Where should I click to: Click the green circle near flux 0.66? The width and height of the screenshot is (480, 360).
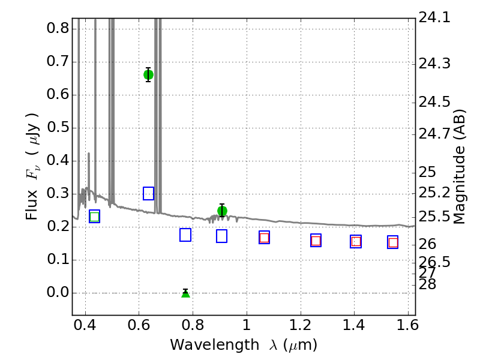point(148,74)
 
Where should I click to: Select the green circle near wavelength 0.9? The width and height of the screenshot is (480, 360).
point(222,211)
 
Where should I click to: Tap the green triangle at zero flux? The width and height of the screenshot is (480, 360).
point(185,293)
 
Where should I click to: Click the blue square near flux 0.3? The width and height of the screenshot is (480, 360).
point(148,193)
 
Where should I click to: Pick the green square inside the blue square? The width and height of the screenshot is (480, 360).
point(95,217)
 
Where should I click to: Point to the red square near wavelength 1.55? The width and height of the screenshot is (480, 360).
point(393,243)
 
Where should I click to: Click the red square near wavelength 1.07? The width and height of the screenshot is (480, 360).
point(264,238)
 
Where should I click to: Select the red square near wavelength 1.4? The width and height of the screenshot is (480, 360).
point(356,242)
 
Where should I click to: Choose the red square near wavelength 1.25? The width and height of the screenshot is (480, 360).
point(316,241)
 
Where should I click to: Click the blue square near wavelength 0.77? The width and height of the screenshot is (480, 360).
point(185,235)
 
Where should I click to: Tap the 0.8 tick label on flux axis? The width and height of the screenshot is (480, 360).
point(58,28)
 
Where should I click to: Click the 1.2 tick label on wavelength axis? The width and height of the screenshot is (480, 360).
point(301,325)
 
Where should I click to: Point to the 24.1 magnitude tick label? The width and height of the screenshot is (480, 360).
point(434,17)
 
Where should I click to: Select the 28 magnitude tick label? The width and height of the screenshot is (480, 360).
point(427,284)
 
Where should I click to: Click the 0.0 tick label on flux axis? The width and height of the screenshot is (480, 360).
point(58,293)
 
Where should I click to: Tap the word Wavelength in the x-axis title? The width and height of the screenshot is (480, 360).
point(215,345)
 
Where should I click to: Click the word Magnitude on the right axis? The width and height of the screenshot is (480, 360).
point(458,185)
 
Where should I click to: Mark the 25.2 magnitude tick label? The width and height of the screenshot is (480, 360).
point(434,193)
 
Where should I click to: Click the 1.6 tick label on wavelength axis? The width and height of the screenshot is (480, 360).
point(407,325)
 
